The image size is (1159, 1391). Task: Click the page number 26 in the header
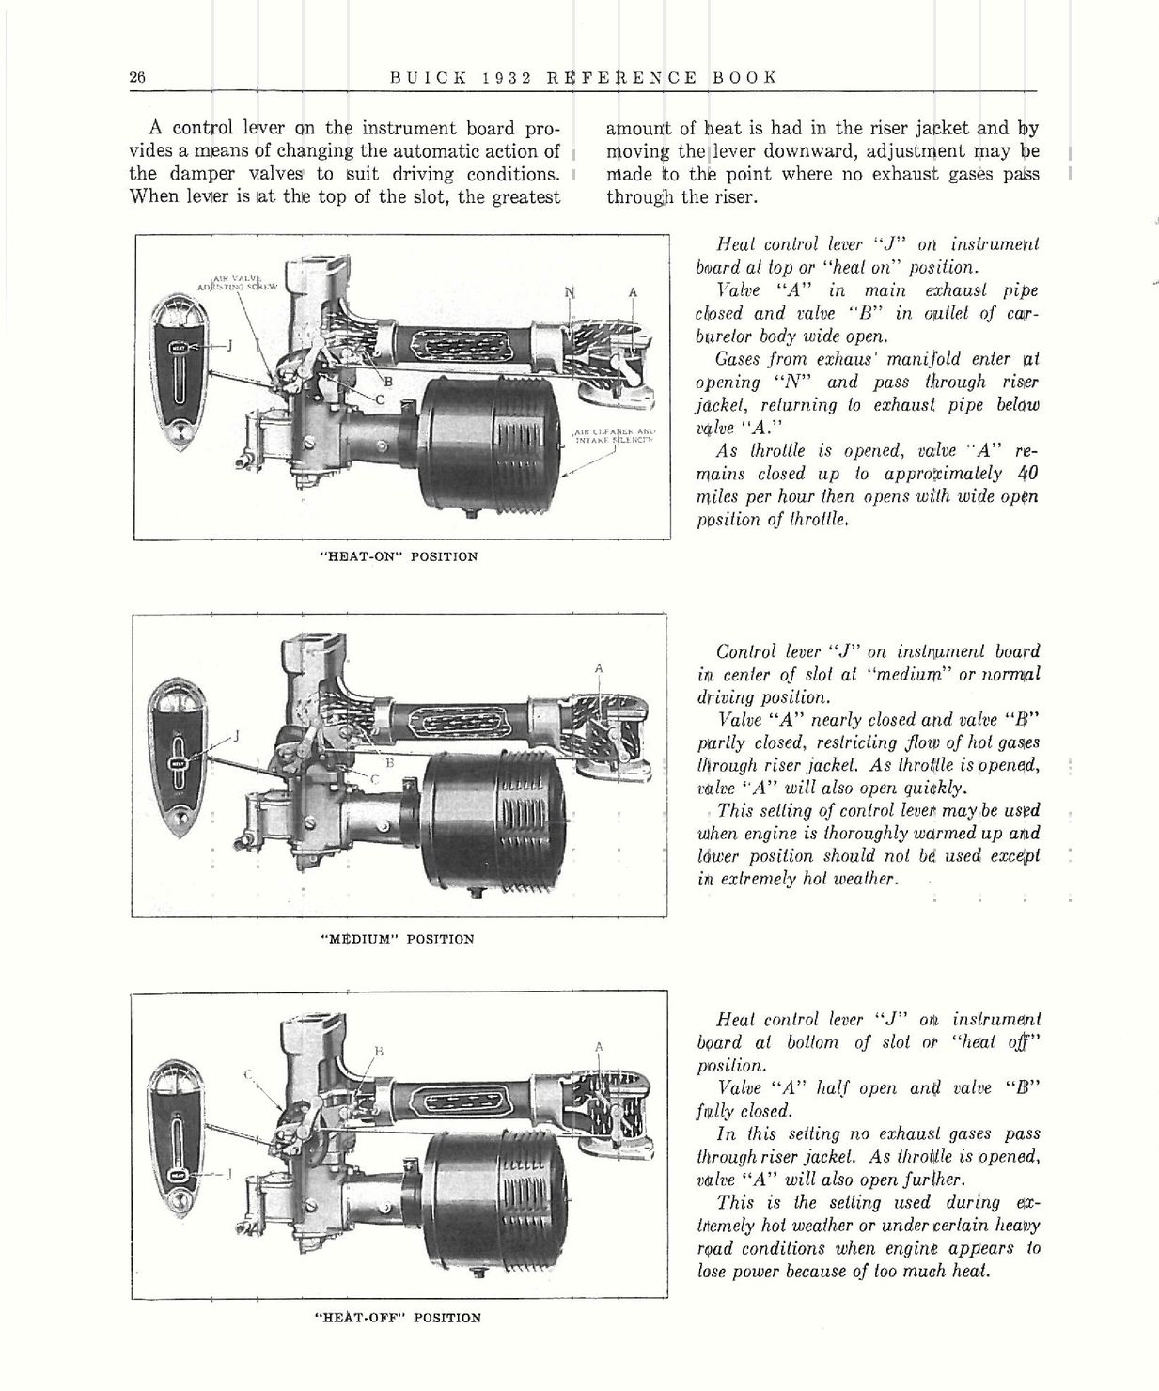(x=136, y=78)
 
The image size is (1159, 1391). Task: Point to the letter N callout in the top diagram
(x=569, y=292)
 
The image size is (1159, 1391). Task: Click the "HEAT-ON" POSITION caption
(x=400, y=556)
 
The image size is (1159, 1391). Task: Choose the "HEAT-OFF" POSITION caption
(x=398, y=1318)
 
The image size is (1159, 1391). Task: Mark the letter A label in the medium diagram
(x=599, y=668)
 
